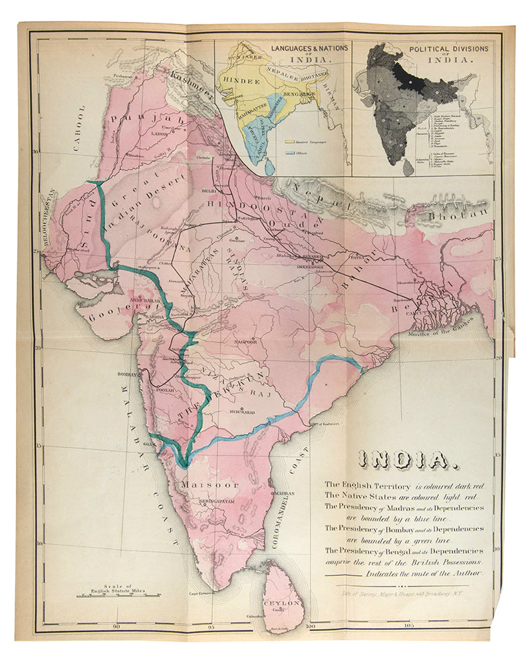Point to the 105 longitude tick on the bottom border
pos(407,626)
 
